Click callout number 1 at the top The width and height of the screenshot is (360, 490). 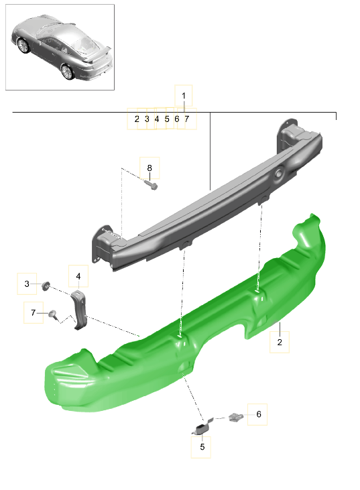point(184,96)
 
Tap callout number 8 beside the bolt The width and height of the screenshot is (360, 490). point(149,168)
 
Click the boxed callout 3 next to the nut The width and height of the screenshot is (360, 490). point(27,284)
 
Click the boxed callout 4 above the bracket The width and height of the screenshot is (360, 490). point(78,276)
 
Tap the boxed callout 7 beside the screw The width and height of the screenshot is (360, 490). point(32,312)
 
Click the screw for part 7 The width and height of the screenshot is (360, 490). point(52,313)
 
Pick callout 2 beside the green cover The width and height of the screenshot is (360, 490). point(280,343)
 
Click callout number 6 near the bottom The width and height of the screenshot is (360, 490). point(257,414)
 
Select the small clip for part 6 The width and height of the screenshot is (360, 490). point(237,418)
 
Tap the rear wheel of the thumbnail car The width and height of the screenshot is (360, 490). point(67,70)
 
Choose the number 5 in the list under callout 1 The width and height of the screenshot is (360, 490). point(167,119)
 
